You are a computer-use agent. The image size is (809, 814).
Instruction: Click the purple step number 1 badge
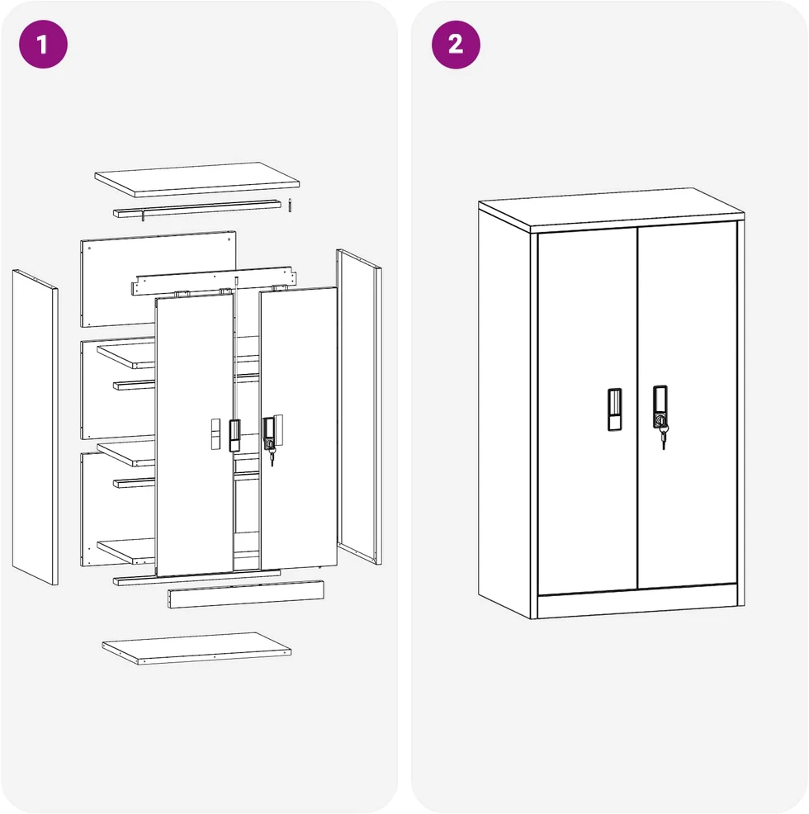[x=43, y=45]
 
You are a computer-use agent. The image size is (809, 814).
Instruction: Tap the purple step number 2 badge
[x=456, y=45]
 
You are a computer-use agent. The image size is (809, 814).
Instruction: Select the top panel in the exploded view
[x=196, y=180]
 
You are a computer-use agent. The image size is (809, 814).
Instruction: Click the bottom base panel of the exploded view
[x=196, y=648]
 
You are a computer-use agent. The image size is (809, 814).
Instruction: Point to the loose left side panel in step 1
[x=35, y=427]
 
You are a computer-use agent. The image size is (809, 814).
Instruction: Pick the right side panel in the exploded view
[x=359, y=406]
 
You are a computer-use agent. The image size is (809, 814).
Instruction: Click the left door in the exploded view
[x=194, y=435]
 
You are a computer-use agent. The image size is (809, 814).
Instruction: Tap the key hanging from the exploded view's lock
[x=271, y=456]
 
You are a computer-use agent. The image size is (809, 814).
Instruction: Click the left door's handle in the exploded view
[x=234, y=435]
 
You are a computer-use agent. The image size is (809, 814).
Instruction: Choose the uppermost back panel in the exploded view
[x=158, y=279]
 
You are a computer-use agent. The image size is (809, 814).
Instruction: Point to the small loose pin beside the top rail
[x=291, y=205]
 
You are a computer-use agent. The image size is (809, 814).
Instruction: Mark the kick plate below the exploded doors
[x=246, y=594]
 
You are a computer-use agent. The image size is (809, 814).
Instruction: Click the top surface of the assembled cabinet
[x=611, y=209]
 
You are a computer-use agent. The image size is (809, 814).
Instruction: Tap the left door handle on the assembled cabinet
[x=614, y=409]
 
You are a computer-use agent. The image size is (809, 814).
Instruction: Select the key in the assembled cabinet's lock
[x=663, y=436]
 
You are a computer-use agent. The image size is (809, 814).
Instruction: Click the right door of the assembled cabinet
[x=687, y=405]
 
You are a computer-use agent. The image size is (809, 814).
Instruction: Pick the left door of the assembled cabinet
[x=587, y=412]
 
